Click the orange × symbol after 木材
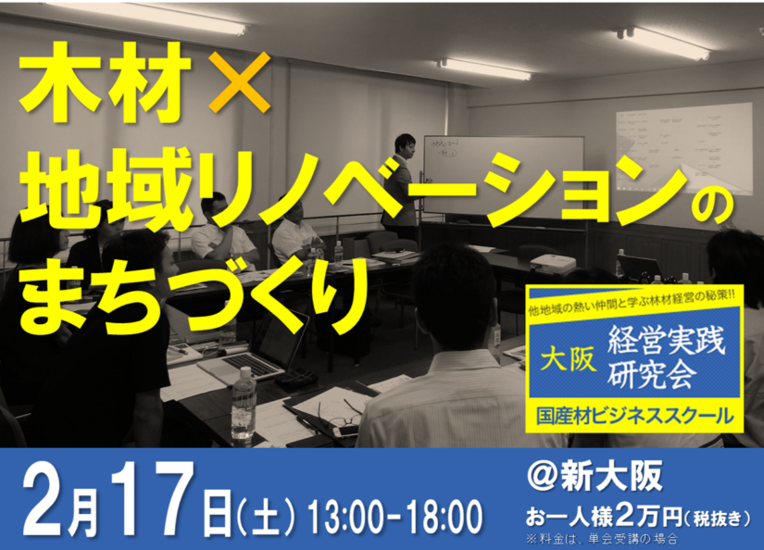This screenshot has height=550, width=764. click(x=240, y=82)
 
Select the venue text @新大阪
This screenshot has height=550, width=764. click(x=595, y=476)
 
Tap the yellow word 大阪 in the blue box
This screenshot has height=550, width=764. click(x=568, y=359)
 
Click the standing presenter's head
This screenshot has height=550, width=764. click(x=405, y=145)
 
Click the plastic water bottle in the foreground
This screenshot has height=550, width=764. click(x=244, y=406)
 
